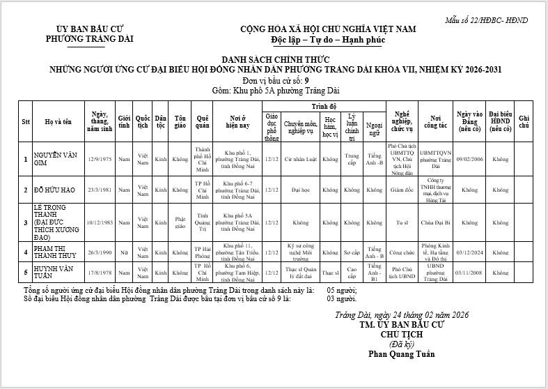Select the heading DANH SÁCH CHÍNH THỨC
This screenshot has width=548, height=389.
point(274,60)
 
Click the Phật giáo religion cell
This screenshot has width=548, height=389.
point(180,222)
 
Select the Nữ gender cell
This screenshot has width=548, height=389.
point(124,252)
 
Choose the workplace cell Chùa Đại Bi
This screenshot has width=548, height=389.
point(435,222)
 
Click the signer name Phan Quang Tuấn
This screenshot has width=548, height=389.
point(402,353)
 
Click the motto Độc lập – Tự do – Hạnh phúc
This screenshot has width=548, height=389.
point(328,40)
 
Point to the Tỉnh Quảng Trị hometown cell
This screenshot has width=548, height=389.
point(203,222)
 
